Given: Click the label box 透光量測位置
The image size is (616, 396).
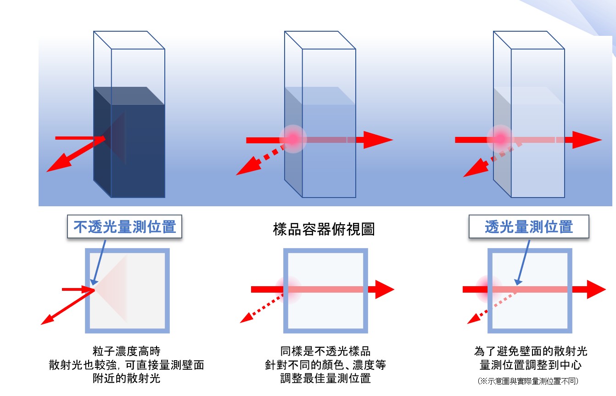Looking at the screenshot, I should click(x=529, y=227).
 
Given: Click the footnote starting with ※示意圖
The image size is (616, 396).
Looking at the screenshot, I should click(x=528, y=381).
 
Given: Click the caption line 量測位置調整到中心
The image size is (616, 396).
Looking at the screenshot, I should click(x=531, y=366).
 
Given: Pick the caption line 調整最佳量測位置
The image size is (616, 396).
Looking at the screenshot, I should click(x=325, y=379).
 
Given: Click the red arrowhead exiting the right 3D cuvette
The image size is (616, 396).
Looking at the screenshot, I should click(x=587, y=139).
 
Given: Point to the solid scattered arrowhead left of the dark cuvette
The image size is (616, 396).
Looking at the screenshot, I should click(x=54, y=167).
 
